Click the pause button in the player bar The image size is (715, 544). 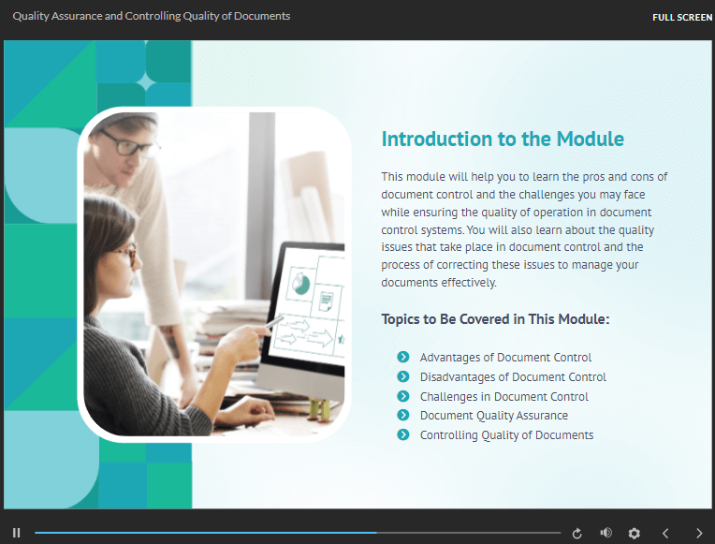tap(17, 533)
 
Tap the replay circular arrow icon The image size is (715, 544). tap(576, 533)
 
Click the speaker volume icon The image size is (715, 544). tap(606, 533)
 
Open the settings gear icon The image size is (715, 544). tap(635, 533)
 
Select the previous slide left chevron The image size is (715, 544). tap(665, 533)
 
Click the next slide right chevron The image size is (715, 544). tap(699, 533)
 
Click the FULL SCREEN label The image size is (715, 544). tap(682, 18)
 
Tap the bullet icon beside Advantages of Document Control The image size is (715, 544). tap(403, 357)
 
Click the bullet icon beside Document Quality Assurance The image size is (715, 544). tap(403, 415)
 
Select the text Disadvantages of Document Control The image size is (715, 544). tap(513, 377)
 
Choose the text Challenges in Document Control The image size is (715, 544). tap(504, 397)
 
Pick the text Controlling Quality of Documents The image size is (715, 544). tap(506, 435)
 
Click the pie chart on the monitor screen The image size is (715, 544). tap(300, 284)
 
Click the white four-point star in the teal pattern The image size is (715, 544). tap(146, 83)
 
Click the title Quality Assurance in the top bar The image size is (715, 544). tap(57, 16)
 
